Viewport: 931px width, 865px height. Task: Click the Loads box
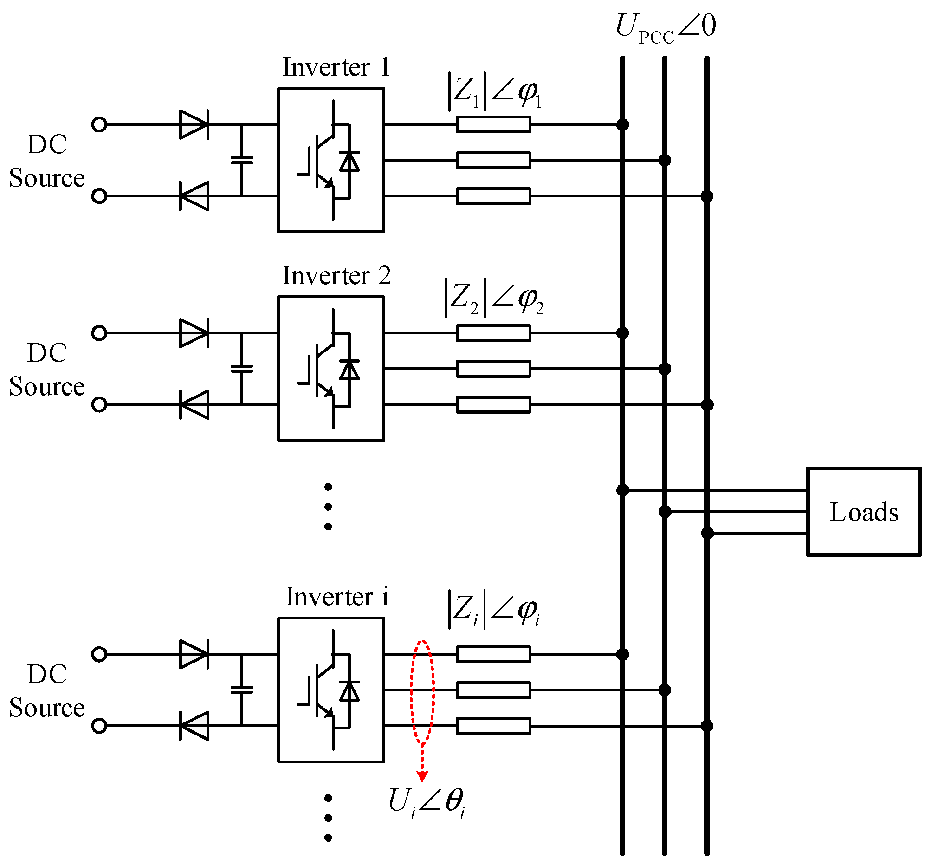[864, 511]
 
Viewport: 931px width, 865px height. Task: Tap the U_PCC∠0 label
[665, 27]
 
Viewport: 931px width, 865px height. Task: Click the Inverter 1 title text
[336, 67]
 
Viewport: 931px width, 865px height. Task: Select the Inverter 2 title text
[336, 276]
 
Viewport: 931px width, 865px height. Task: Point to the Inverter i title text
[337, 597]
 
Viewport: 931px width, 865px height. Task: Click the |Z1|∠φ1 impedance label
[494, 91]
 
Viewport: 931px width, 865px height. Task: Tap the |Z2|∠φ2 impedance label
[494, 298]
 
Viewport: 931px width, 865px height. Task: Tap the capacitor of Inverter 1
[242, 160]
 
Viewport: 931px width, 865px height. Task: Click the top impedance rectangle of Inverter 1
[493, 124]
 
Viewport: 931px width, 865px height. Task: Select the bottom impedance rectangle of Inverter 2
[493, 404]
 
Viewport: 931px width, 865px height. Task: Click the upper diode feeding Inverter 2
[194, 333]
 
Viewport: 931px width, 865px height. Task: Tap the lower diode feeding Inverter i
[194, 726]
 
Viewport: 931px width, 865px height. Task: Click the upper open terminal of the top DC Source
[99, 124]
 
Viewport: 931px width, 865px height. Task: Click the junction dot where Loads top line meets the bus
[622, 490]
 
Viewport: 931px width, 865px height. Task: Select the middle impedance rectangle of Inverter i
[493, 690]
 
